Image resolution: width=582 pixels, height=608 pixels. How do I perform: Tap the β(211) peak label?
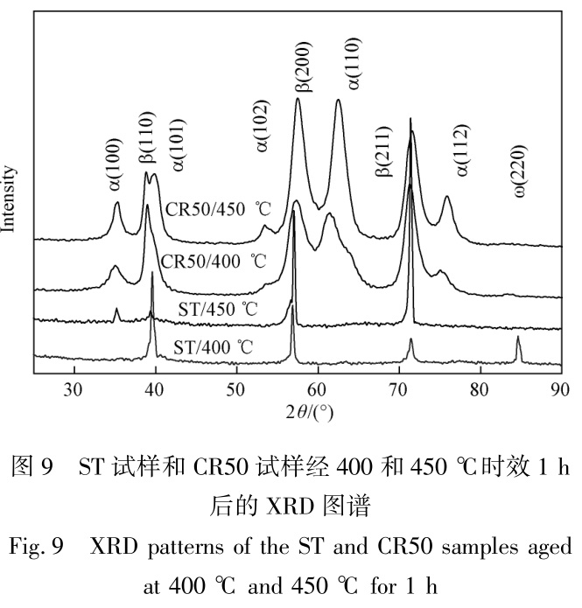pos(382,152)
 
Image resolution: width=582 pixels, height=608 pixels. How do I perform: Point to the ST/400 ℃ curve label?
pos(214,347)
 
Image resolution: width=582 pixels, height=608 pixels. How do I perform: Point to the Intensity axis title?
pos(10,199)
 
